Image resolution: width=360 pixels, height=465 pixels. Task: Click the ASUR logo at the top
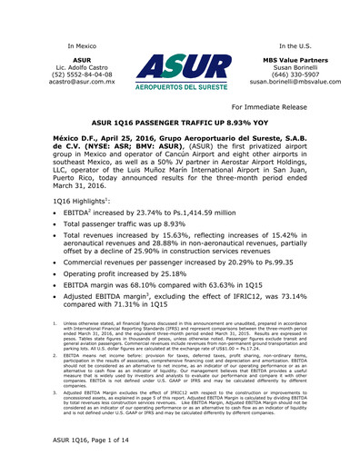(178, 75)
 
